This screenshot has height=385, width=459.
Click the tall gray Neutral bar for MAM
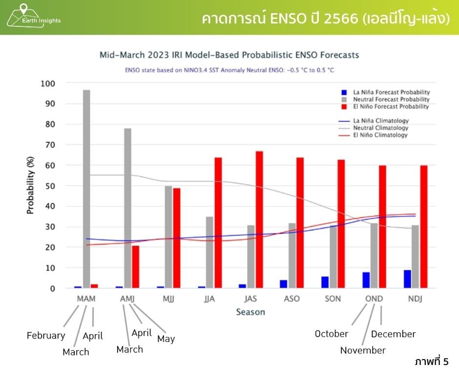pyautogui.click(x=86, y=189)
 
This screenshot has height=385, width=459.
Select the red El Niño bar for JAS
pyautogui.click(x=259, y=220)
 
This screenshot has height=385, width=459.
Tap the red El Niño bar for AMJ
pyautogui.click(x=135, y=267)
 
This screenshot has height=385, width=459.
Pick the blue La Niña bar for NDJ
pyautogui.click(x=407, y=279)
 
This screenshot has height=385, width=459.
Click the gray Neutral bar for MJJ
pyautogui.click(x=168, y=237)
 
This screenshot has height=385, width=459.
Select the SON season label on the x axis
pyautogui.click(x=334, y=299)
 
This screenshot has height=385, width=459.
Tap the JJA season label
pyautogui.click(x=210, y=299)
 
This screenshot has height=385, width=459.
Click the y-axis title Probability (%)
pyautogui.click(x=30, y=186)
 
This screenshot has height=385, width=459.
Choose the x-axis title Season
pyautogui.click(x=250, y=312)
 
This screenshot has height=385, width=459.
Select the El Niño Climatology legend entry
pyautogui.click(x=381, y=135)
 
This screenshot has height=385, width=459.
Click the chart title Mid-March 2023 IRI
pyautogui.click(x=229, y=55)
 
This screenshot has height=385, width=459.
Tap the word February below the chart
pyautogui.click(x=46, y=336)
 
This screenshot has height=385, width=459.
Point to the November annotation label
pyautogui.click(x=363, y=350)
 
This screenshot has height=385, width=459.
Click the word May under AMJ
pyautogui.click(x=166, y=339)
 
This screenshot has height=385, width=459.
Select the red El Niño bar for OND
pyautogui.click(x=383, y=227)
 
